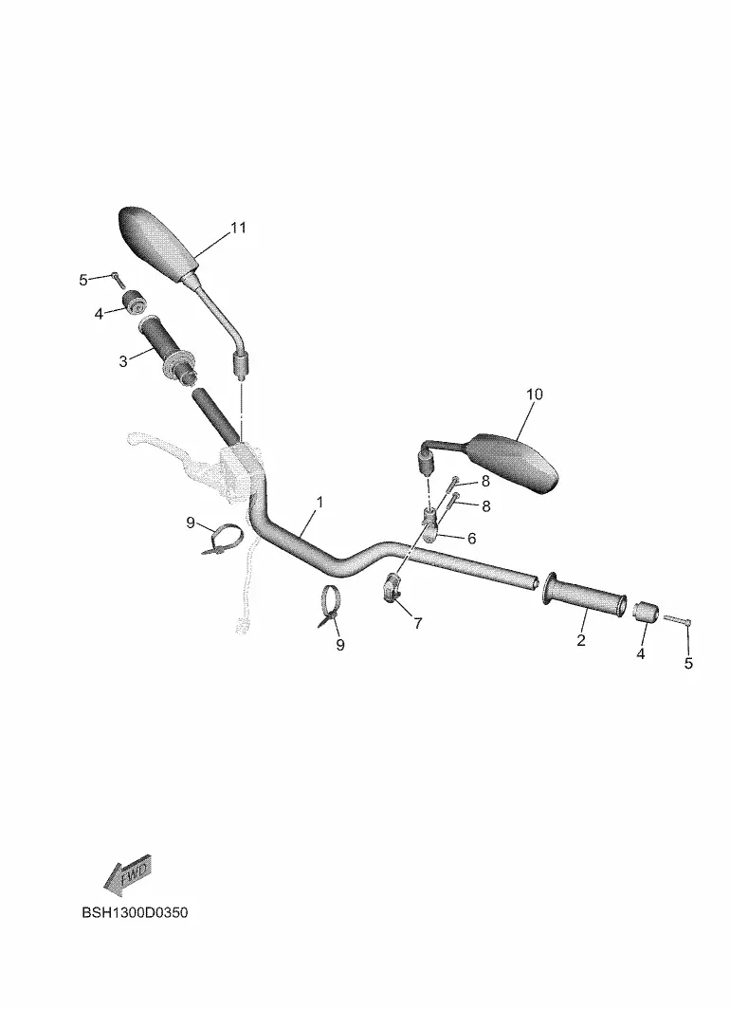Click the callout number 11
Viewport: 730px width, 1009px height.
point(238,228)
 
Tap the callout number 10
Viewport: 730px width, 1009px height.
point(535,394)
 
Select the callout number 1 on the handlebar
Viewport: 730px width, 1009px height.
point(319,502)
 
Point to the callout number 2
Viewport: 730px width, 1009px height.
point(581,639)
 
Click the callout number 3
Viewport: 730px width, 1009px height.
point(123,361)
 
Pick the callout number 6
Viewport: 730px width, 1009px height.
point(471,538)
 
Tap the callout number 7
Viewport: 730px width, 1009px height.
point(418,623)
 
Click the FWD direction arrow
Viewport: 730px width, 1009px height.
point(127,875)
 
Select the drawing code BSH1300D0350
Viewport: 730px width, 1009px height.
point(135,912)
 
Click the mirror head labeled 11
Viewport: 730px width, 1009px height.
point(158,241)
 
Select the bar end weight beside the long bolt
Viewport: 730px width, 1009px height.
point(647,612)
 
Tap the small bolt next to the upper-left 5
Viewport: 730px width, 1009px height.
point(117,279)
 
